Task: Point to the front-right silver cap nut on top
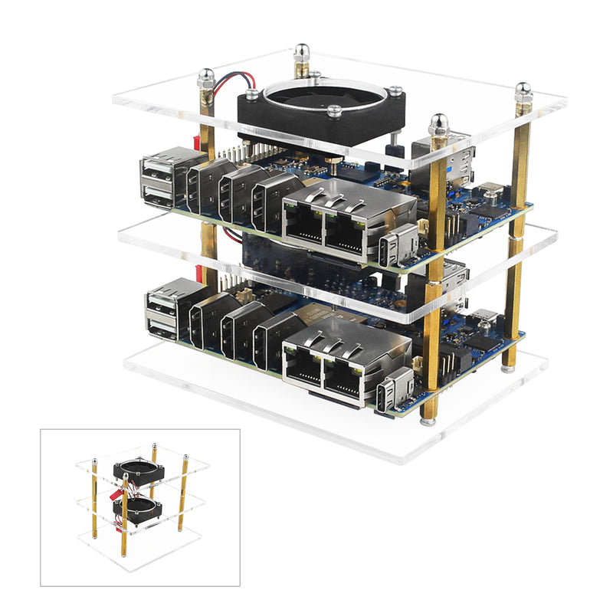pos(438,123)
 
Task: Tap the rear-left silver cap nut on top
pos(205,77)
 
